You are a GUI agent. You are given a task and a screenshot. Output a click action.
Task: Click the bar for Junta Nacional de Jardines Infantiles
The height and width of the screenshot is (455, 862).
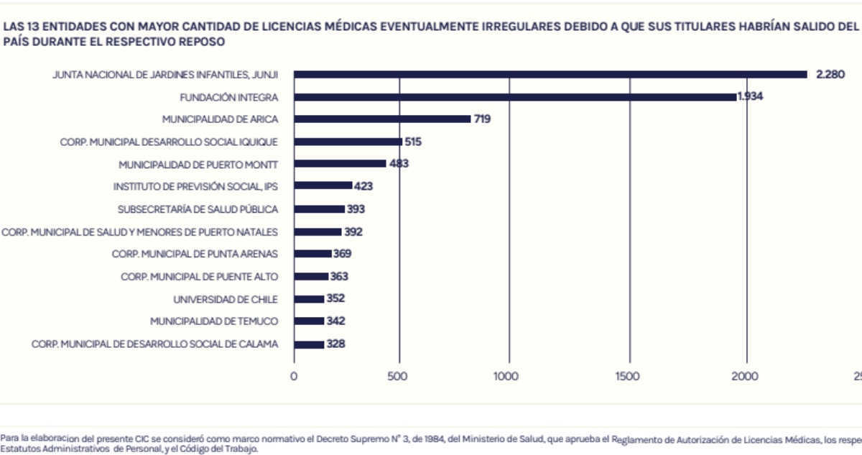pos(550,74)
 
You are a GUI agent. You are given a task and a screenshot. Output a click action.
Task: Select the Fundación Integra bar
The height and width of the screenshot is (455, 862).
pos(515,96)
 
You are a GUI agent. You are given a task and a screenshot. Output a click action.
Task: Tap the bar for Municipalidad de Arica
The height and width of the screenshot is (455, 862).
pos(382,119)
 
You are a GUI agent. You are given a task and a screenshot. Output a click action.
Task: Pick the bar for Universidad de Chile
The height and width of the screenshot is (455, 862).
pos(309,299)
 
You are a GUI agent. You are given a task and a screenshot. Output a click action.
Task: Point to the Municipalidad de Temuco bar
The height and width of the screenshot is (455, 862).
pos(309,321)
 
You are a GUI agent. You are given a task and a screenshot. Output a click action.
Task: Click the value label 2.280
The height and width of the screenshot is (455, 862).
pos(830,74)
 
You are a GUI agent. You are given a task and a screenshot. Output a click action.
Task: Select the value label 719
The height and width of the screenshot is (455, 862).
pos(482,119)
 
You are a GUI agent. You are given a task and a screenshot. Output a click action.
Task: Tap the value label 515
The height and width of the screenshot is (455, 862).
pos(413,142)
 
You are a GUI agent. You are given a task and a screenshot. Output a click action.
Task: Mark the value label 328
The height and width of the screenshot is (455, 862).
pos(335,344)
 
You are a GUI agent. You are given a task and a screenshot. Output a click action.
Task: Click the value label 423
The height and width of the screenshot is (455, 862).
pos(363,186)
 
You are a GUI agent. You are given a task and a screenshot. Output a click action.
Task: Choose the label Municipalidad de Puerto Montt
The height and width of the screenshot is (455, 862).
pos(198,164)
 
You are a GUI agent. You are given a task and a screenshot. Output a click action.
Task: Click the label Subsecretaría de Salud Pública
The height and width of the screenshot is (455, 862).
pos(198,209)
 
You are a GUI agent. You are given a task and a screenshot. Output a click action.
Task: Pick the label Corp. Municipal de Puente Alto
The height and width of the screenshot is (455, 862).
pos(199,277)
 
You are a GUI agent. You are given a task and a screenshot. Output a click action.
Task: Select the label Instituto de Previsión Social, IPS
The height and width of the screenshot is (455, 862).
pos(195,186)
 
